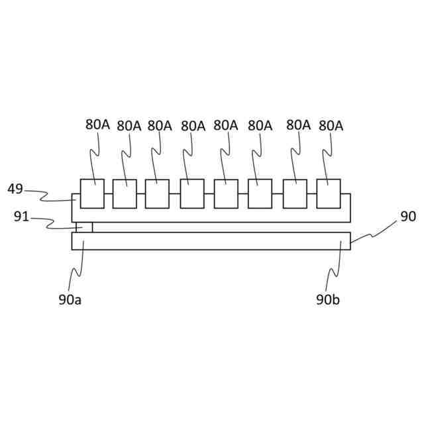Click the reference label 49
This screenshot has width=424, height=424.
tap(15, 189)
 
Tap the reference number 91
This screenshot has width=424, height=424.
tap(21, 217)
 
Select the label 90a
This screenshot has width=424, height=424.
tap(70, 299)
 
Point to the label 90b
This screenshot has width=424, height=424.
tap(328, 299)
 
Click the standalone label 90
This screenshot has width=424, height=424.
tap(408, 217)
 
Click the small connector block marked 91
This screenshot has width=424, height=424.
tap(82, 227)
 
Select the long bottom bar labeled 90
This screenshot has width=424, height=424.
tap(211, 241)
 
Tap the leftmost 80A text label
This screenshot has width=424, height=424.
tap(97, 124)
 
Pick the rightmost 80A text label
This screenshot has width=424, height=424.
tap(331, 125)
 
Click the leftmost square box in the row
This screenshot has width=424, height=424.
tap(92, 193)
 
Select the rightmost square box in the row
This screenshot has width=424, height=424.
tap(329, 193)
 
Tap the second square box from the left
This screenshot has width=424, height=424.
tap(125, 193)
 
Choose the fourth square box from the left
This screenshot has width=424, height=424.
tap(192, 193)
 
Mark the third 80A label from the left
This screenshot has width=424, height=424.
tap(160, 125)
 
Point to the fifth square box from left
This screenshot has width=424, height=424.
tap(226, 193)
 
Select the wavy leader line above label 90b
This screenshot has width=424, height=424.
tap(339, 268)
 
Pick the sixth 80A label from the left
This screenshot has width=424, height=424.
tap(260, 125)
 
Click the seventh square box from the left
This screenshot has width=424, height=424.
tap(295, 193)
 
